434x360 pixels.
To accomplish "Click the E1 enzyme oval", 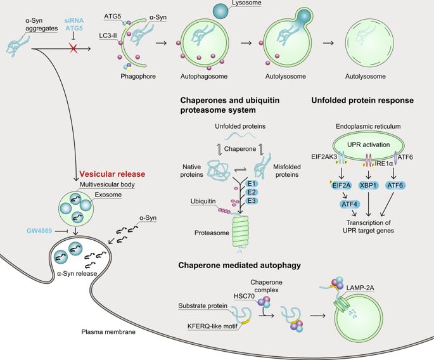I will tap(252, 181).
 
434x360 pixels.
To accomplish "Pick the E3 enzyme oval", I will tap(252, 200).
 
